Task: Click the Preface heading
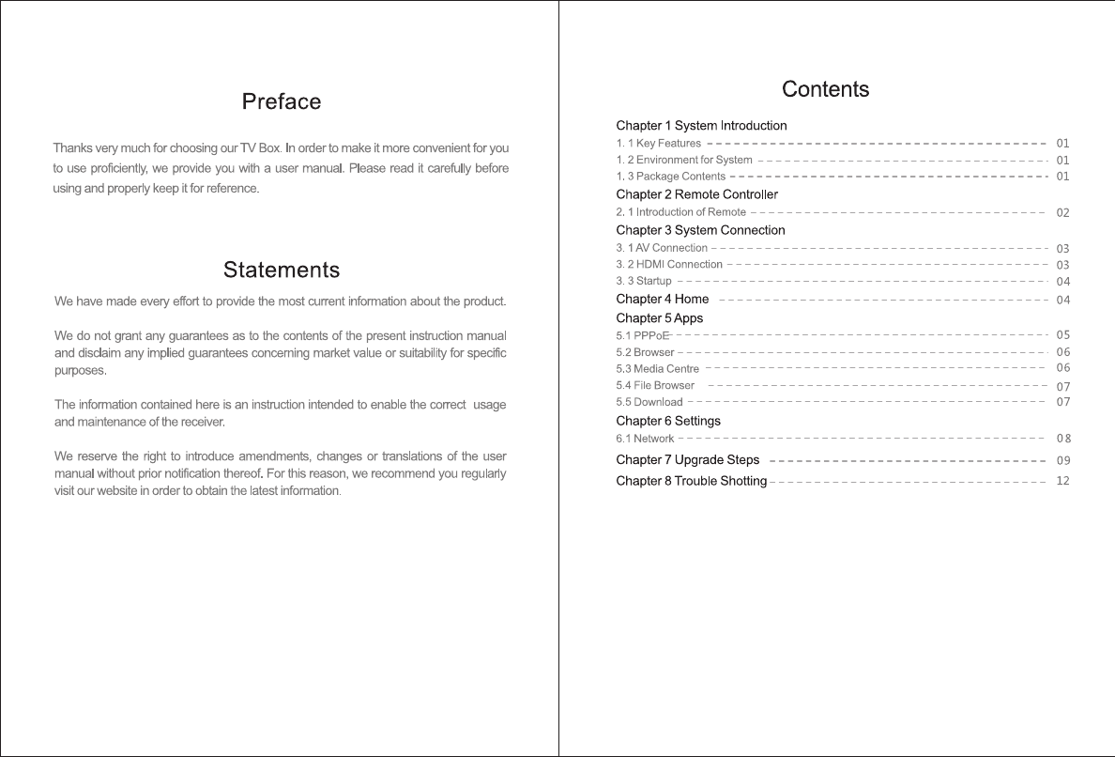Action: click(282, 101)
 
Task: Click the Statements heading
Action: click(282, 270)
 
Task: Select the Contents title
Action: click(825, 89)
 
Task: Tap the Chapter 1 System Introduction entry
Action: click(701, 126)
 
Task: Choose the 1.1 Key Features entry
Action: click(658, 144)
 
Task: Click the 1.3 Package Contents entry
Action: click(670, 177)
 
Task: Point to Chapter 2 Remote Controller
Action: click(696, 194)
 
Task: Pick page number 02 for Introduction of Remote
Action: click(1062, 213)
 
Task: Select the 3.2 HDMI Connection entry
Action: click(669, 265)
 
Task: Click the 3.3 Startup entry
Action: click(644, 282)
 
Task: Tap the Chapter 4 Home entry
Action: click(662, 300)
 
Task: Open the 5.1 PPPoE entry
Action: click(642, 335)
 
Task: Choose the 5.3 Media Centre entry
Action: click(657, 369)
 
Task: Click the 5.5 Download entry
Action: click(649, 403)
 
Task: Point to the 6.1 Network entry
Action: click(645, 439)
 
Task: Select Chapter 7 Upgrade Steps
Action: click(687, 460)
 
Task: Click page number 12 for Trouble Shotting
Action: click(1062, 481)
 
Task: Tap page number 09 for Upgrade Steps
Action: click(1062, 461)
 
